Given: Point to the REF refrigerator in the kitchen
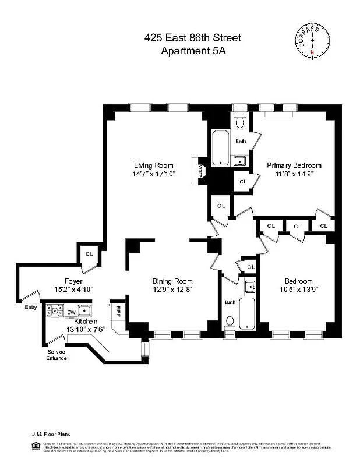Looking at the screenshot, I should tap(118, 312).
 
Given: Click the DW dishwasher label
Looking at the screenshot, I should tap(71, 312).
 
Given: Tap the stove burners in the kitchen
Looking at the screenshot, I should tap(55, 311).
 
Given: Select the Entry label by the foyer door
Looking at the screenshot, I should tap(30, 308).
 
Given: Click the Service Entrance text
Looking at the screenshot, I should tap(57, 355).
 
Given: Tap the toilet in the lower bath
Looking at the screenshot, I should tap(231, 321).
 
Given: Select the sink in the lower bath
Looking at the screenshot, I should tap(250, 286).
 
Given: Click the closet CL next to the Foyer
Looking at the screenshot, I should tap(89, 254).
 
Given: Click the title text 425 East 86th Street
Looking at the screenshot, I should tap(192, 38).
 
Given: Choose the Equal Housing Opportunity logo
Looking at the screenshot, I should tap(37, 446).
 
